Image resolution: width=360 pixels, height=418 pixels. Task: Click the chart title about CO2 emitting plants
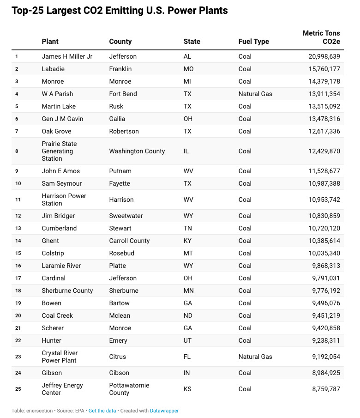tap(120, 11)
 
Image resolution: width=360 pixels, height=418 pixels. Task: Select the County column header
tap(120, 42)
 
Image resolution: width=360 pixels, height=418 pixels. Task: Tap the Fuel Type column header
tap(253, 42)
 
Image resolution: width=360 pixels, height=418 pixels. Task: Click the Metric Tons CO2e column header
tap(321, 37)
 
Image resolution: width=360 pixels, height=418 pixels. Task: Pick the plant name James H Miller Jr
tap(67, 56)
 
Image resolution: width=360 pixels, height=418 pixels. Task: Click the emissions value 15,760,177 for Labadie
tap(324, 69)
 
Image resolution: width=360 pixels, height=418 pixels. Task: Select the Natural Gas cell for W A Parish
tap(255, 94)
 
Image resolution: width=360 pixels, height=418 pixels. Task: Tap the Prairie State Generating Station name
tap(59, 151)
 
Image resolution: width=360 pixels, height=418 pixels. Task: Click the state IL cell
tap(186, 151)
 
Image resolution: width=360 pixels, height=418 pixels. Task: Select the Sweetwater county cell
tap(126, 216)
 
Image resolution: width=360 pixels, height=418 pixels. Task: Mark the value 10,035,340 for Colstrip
tap(324, 253)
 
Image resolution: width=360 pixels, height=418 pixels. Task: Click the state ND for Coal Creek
tap(188, 315)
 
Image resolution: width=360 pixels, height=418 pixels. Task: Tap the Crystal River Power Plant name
tap(59, 357)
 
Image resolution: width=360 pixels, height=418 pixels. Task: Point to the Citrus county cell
tap(117, 357)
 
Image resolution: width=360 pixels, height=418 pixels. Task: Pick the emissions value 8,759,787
tap(326, 389)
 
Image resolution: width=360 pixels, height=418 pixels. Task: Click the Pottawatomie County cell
tap(129, 389)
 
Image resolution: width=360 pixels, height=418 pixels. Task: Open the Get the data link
tap(102, 411)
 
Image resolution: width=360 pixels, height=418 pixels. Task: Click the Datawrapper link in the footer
tap(164, 411)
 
